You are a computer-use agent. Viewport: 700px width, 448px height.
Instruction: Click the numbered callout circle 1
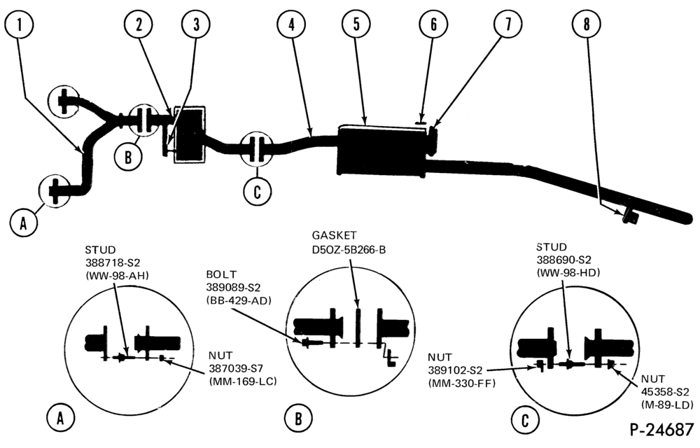[19, 24]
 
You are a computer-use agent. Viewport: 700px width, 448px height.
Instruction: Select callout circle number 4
[291, 24]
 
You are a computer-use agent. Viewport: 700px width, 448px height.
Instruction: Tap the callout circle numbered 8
[587, 24]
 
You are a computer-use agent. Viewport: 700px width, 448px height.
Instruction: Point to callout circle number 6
[433, 24]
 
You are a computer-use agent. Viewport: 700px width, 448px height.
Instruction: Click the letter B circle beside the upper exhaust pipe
[128, 157]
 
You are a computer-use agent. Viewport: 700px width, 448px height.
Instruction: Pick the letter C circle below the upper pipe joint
[257, 192]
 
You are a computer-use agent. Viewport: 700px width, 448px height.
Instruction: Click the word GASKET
[335, 235]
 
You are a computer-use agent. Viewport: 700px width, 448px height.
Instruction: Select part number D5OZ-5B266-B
[349, 249]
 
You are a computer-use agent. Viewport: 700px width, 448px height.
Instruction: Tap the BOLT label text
[221, 274]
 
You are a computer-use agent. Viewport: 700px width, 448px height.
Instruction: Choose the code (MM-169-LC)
[243, 381]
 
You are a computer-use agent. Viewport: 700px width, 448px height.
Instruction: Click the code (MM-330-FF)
[461, 383]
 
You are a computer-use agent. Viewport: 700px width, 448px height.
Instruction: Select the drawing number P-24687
[661, 430]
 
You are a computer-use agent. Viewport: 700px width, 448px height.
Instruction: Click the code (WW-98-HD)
[568, 272]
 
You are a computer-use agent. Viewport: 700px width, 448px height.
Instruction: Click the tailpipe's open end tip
[690, 220]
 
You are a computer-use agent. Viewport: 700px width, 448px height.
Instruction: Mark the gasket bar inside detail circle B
[358, 329]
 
